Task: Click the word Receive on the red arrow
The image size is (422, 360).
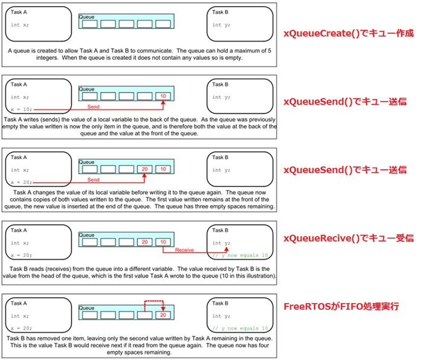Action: click(x=184, y=249)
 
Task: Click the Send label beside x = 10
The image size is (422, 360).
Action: click(x=94, y=106)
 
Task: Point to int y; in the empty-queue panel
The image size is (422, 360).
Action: click(x=221, y=25)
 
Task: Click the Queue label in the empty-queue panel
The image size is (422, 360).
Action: click(x=87, y=18)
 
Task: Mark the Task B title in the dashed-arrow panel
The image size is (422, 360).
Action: click(x=220, y=303)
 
